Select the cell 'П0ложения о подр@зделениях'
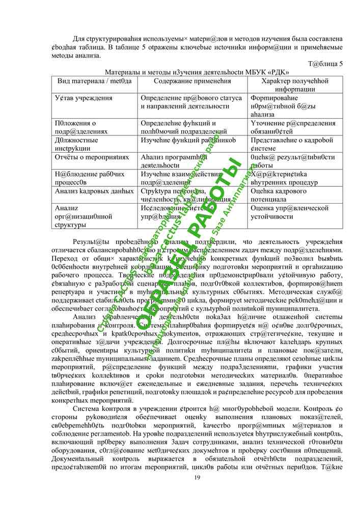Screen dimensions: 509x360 [81, 127]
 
